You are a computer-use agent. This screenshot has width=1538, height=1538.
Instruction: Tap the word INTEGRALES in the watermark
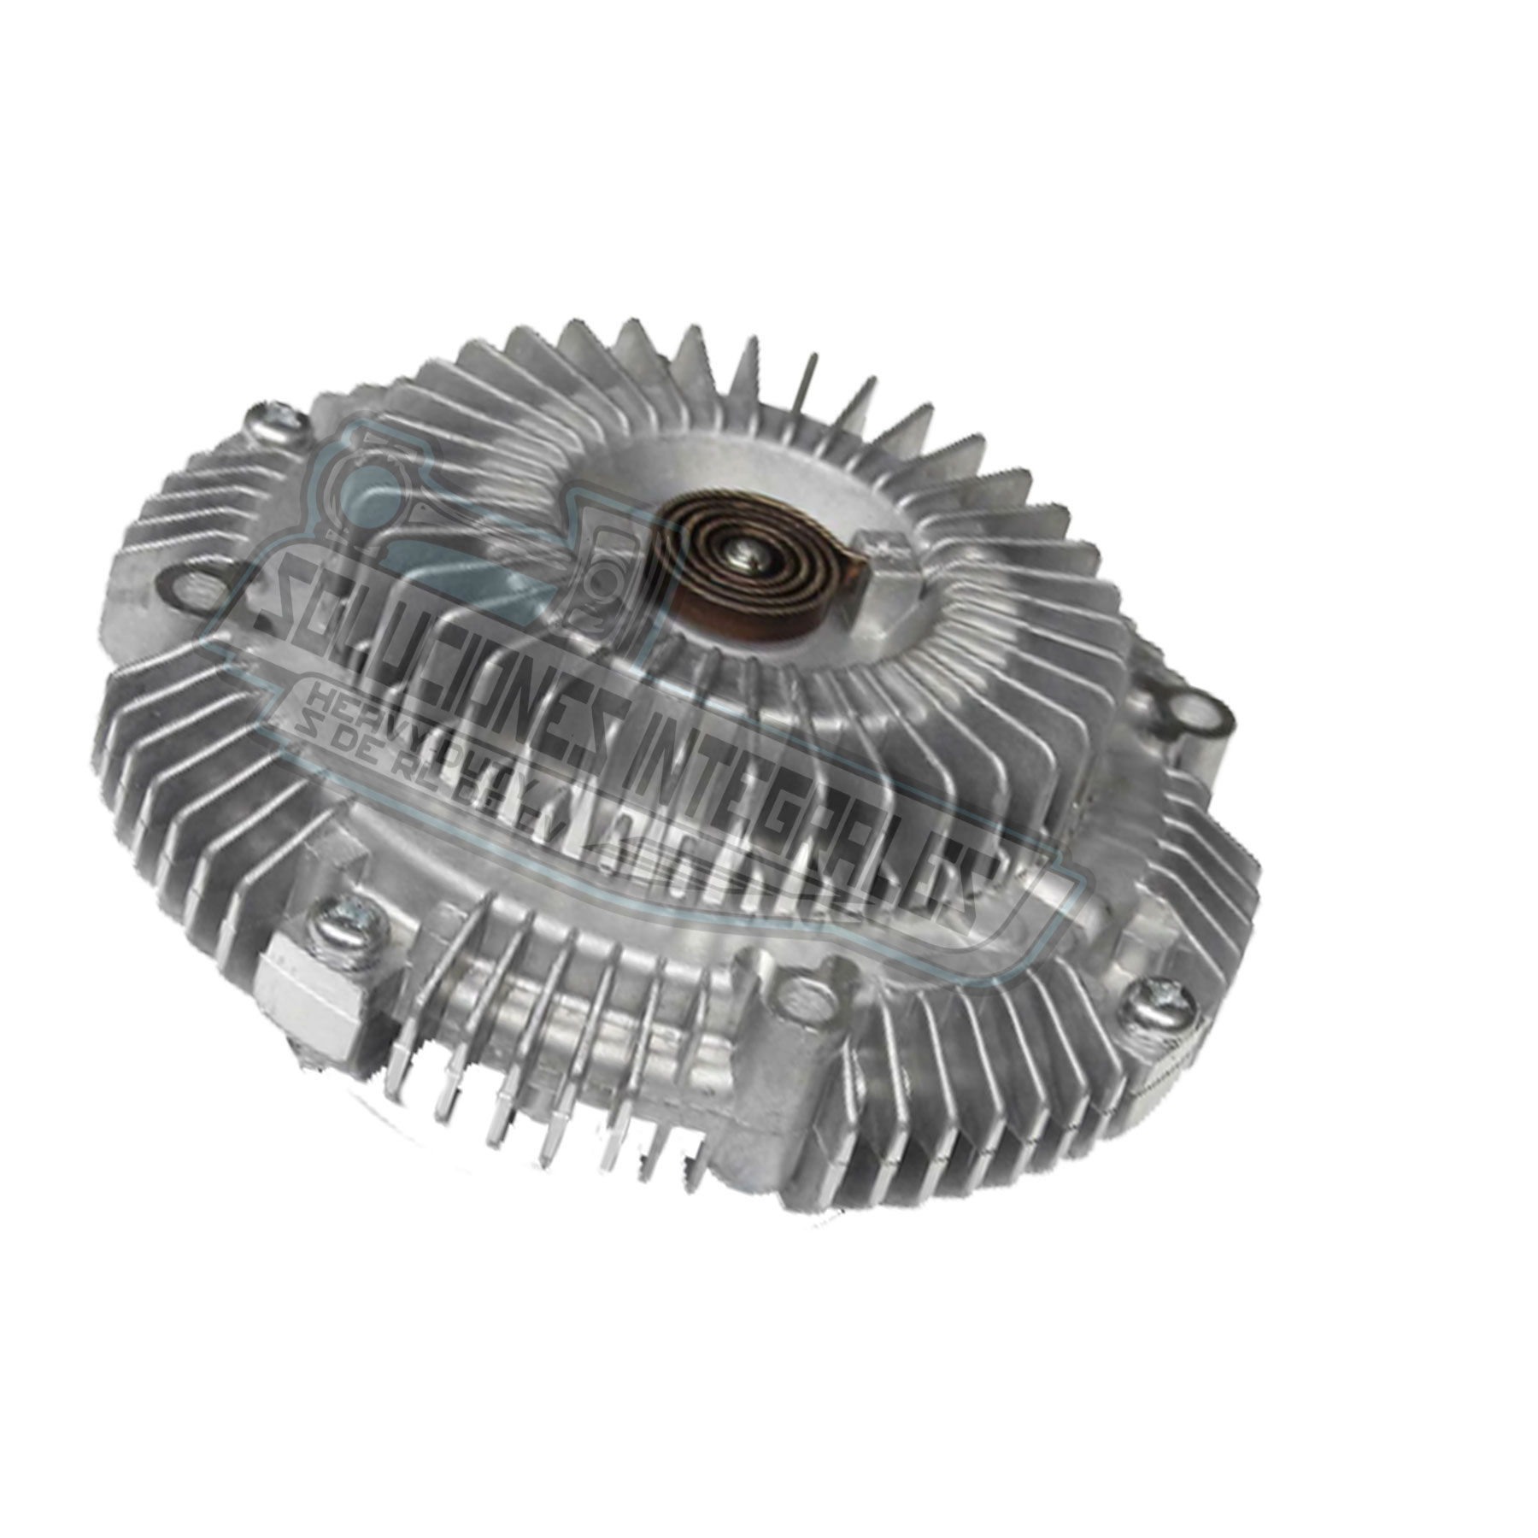pos(820,795)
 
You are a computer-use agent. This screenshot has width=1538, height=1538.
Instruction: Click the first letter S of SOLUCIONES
pos(269,598)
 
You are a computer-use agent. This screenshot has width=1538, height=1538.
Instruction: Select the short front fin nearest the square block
pos(402,1085)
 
